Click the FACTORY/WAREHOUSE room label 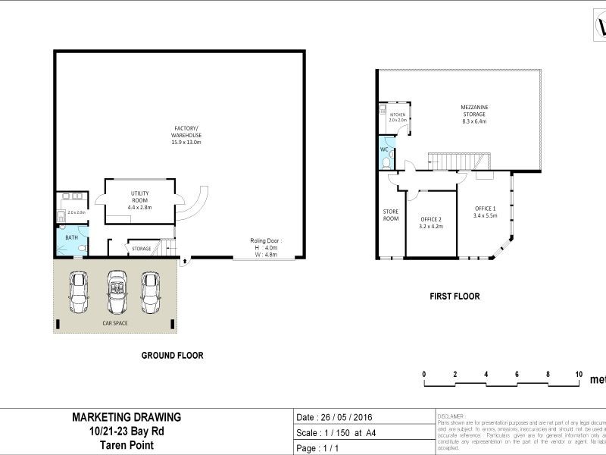click(186, 135)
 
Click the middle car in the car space click(117, 292)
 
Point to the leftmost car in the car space click(79, 292)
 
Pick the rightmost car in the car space click(151, 292)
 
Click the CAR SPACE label click(115, 323)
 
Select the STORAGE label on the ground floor click(142, 248)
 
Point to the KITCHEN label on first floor click(398, 118)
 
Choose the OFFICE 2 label click(430, 222)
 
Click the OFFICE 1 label click(485, 212)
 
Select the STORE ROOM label click(390, 215)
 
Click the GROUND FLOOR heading click(173, 355)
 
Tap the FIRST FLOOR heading click(454, 297)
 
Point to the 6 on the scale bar click(517, 374)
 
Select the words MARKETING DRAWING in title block click(127, 416)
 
